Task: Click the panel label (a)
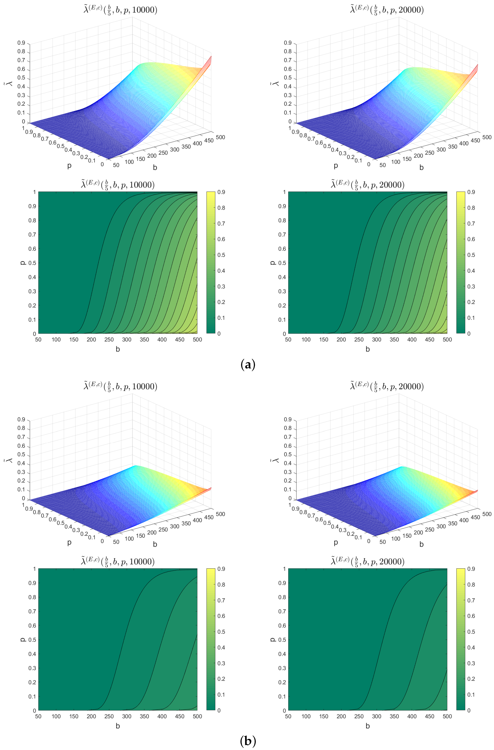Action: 247,365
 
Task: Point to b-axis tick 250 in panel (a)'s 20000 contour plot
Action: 359,339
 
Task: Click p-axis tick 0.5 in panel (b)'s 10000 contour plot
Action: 32,640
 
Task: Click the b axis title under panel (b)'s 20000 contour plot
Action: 368,726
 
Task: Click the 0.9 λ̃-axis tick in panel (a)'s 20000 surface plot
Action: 287,43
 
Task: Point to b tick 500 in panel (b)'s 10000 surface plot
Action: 220,514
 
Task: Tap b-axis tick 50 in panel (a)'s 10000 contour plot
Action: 38,339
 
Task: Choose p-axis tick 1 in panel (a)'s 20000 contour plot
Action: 284,192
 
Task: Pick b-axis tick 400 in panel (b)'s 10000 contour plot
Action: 162,716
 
